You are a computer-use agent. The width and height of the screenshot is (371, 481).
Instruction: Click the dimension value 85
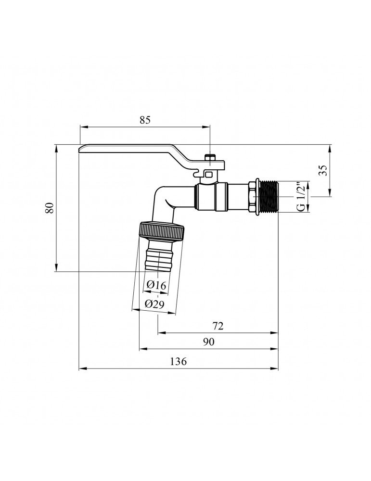click(145, 121)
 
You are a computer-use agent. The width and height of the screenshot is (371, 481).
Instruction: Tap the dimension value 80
click(48, 208)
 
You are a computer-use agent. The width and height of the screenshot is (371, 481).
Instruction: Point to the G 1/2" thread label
click(299, 197)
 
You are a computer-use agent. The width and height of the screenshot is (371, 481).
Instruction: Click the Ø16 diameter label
click(156, 285)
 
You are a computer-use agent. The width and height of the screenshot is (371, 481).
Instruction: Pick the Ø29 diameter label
click(155, 304)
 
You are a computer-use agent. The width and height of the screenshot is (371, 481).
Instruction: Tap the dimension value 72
click(217, 326)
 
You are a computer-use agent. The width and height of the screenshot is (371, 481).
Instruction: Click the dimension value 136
click(178, 362)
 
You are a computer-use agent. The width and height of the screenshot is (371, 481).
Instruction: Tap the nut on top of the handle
click(210, 158)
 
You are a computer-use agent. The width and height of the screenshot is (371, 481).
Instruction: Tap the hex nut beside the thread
click(254, 197)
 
